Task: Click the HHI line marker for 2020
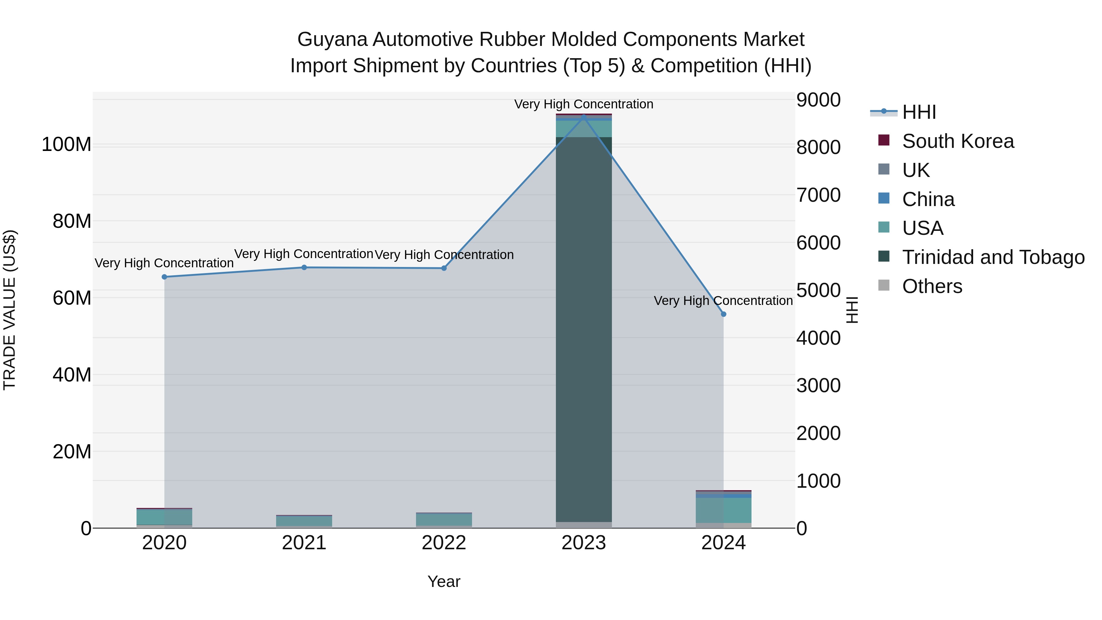pyautogui.click(x=164, y=277)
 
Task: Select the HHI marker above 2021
pyautogui.click(x=304, y=267)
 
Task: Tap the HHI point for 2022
pyautogui.click(x=444, y=268)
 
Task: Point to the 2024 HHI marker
pyautogui.click(x=723, y=314)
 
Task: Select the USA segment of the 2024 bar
pyautogui.click(x=723, y=510)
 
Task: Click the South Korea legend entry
pyautogui.click(x=958, y=141)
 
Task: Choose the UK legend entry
pyautogui.click(x=916, y=170)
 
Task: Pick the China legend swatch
pyautogui.click(x=884, y=198)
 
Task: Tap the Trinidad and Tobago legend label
pyautogui.click(x=993, y=257)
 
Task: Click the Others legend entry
pyautogui.click(x=932, y=286)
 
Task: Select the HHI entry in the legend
pyautogui.click(x=919, y=112)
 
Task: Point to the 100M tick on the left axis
pyautogui.click(x=66, y=145)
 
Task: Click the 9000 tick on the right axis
pyautogui.click(x=818, y=100)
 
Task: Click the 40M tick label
pyautogui.click(x=72, y=375)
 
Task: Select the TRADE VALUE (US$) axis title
pyautogui.click(x=9, y=310)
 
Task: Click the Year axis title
pyautogui.click(x=444, y=581)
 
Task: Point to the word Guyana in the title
pyautogui.click(x=332, y=39)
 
